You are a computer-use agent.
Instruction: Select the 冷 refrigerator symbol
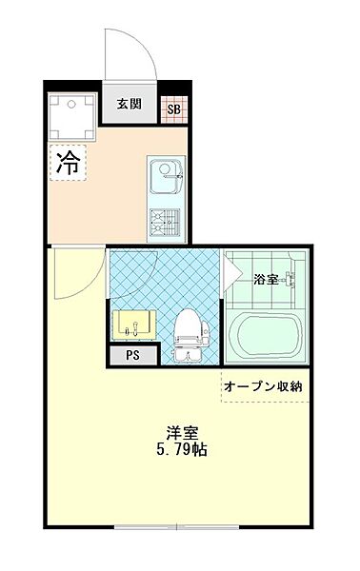point(68,161)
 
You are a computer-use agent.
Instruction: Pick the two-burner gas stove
point(166,223)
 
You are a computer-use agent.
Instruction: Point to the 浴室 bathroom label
point(266,280)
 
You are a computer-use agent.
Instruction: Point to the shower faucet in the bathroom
point(291,280)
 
